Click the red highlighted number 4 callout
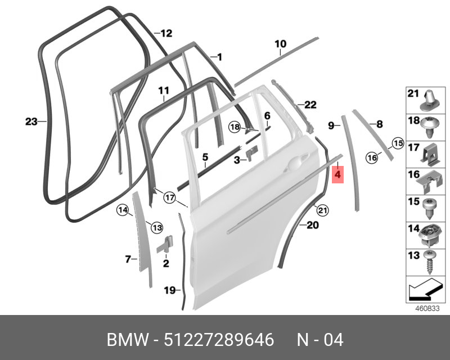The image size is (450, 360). pos(337,174)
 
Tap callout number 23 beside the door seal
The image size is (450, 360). pos(31,121)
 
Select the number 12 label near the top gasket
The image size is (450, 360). pos(166,33)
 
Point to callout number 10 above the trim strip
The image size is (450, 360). pos(280,44)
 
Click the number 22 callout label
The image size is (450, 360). pos(310,105)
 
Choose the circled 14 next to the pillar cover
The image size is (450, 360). pos(123,210)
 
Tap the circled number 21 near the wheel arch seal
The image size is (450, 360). pos(322,211)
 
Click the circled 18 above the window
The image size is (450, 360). pos(235,127)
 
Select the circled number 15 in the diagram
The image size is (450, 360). pos(398,143)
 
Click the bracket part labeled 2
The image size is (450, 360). pos(165,244)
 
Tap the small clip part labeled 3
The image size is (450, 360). pos(250,153)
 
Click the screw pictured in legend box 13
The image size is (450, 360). pos(430,263)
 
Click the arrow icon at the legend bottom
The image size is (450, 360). pos(425,290)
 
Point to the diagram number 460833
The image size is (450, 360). pos(427,309)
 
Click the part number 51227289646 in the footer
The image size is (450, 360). pos(219,340)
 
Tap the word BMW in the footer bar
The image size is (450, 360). pos(128,340)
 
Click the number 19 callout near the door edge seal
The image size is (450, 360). pos(169,290)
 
